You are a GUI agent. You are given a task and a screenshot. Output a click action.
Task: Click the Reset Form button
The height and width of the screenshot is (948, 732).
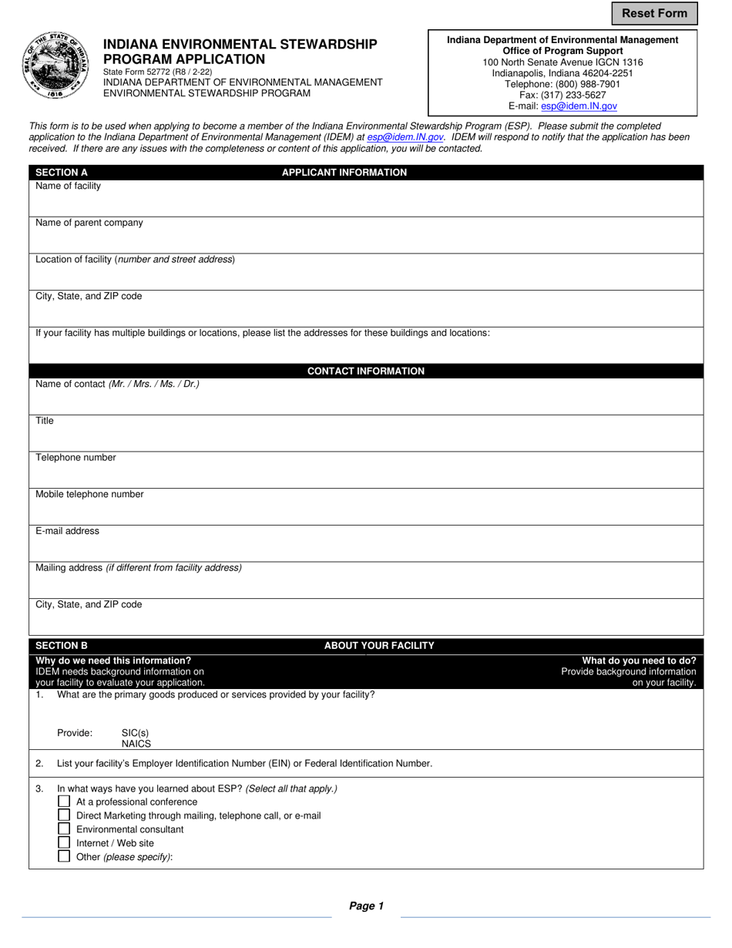click(654, 13)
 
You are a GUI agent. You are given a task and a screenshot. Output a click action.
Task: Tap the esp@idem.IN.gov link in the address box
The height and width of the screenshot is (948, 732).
click(579, 106)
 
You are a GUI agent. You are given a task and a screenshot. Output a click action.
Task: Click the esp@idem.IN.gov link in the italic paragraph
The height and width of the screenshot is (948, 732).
click(405, 137)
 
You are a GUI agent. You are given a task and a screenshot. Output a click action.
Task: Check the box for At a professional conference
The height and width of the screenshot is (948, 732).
click(64, 802)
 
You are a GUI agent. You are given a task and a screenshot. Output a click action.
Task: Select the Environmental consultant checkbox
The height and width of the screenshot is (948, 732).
click(64, 829)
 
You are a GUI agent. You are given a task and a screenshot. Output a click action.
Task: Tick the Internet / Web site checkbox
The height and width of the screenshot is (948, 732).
click(64, 843)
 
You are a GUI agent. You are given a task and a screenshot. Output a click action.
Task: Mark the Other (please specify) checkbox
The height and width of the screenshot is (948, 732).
click(64, 856)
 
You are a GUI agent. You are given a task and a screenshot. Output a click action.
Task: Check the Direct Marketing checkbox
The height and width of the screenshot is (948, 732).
click(64, 815)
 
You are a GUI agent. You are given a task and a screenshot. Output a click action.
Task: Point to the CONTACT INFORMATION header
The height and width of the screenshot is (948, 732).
click(366, 371)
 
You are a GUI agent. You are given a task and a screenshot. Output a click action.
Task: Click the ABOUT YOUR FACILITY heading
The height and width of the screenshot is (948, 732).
click(379, 646)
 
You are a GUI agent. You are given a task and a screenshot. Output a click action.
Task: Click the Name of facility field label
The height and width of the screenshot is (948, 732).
click(68, 187)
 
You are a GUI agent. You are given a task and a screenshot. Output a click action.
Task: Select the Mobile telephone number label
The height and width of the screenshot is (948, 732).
click(89, 495)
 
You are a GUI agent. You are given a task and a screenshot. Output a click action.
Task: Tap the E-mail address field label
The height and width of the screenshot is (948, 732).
click(67, 531)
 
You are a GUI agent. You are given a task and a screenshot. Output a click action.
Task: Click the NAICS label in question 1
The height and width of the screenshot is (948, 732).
click(136, 745)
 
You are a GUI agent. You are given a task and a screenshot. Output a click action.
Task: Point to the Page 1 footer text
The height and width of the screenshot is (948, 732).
click(366, 906)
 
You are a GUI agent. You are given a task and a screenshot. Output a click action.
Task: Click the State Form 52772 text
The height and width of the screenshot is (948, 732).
click(158, 72)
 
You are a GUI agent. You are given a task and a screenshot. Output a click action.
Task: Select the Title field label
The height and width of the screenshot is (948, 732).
click(45, 421)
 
